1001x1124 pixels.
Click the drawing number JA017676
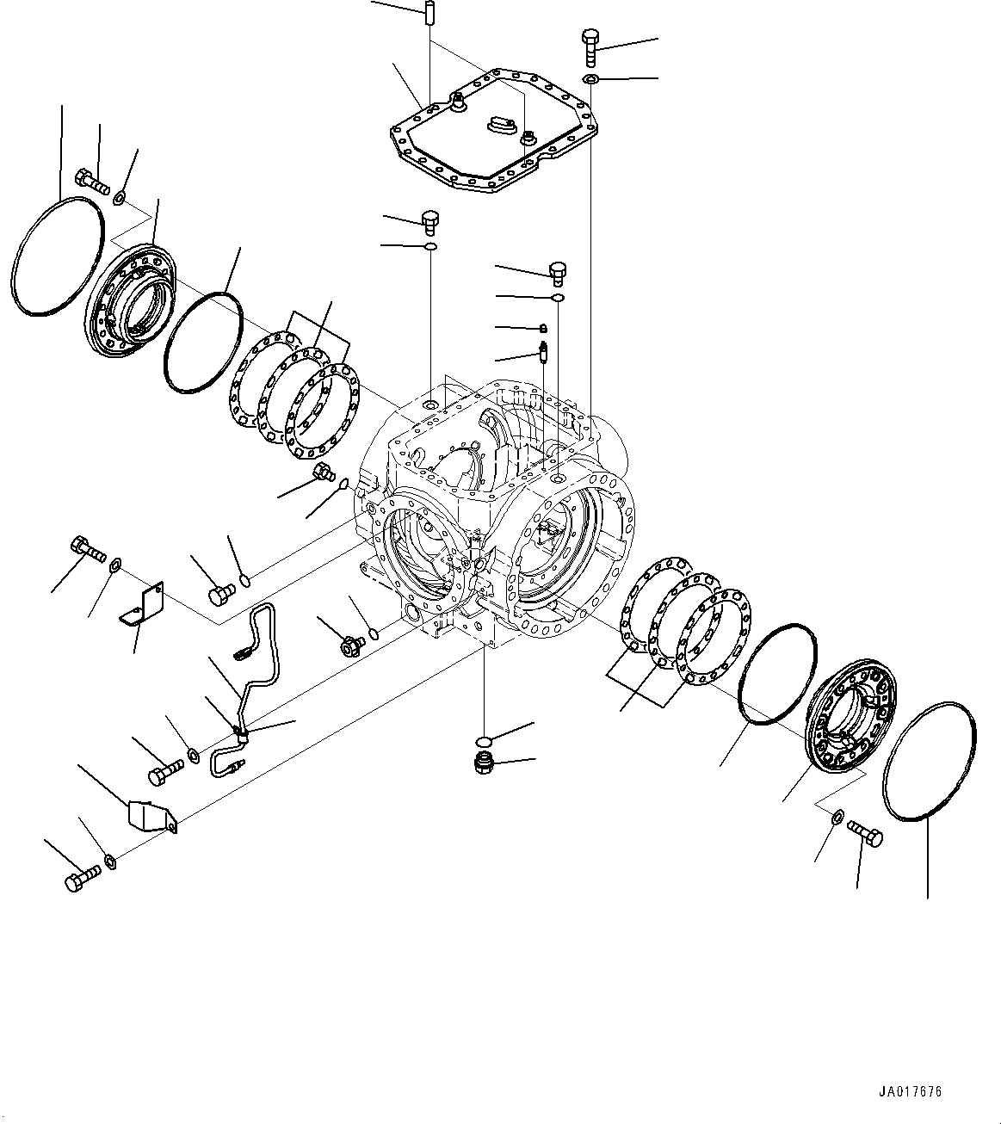tap(910, 1092)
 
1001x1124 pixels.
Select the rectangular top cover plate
tap(491, 142)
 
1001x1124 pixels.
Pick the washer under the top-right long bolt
tap(590, 80)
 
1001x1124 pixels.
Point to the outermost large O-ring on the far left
tap(59, 256)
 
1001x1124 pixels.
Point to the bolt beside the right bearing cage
tap(866, 832)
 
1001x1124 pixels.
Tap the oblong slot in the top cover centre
tap(500, 126)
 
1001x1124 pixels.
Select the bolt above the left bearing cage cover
tap(91, 182)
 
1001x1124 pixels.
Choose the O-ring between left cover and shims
tap(203, 343)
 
